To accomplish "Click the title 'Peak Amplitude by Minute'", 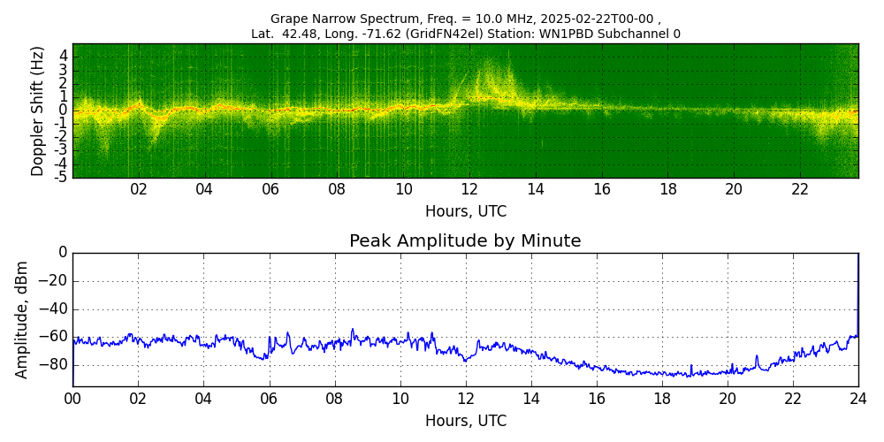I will click(x=465, y=241).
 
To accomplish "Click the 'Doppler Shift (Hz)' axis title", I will click(x=38, y=111).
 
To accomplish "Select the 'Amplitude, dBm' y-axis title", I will click(x=22, y=319).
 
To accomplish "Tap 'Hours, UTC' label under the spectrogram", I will click(x=465, y=212).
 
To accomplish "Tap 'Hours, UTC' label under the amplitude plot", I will click(x=465, y=421).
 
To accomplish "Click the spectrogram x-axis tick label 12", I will click(x=469, y=189).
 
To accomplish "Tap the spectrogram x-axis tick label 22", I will click(x=800, y=189).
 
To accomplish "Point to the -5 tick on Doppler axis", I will click(x=61, y=177).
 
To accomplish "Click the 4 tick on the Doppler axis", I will click(x=64, y=56).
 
